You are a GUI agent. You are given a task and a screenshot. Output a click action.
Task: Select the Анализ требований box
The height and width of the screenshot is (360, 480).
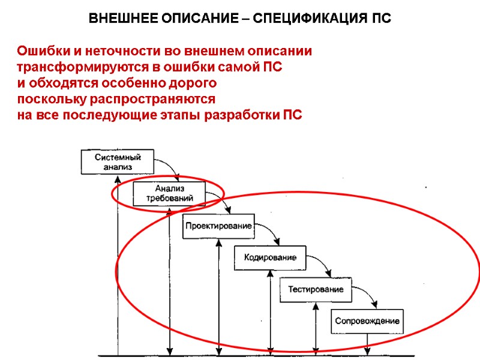pyautogui.click(x=169, y=193)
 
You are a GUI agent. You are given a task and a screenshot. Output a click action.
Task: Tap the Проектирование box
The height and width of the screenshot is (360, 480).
pyautogui.click(x=217, y=226)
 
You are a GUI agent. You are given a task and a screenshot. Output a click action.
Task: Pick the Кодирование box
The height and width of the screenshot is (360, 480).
pyautogui.click(x=269, y=258)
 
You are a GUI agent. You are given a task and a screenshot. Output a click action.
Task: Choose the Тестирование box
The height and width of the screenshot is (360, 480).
pyautogui.click(x=316, y=289)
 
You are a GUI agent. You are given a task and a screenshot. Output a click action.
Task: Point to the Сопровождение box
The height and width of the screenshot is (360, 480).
pyautogui.click(x=367, y=321)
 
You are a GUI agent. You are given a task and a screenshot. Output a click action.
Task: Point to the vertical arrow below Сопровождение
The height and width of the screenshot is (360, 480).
pyautogui.click(x=367, y=344)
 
